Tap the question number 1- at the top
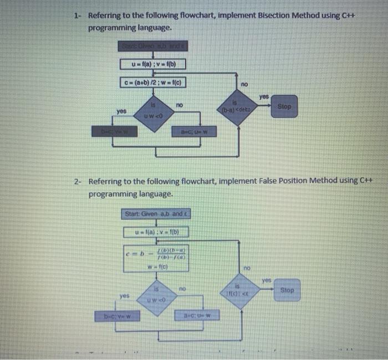[x=78, y=15]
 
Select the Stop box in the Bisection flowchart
[x=284, y=106]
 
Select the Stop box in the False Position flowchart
[x=287, y=290]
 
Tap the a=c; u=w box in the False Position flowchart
[x=197, y=316]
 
